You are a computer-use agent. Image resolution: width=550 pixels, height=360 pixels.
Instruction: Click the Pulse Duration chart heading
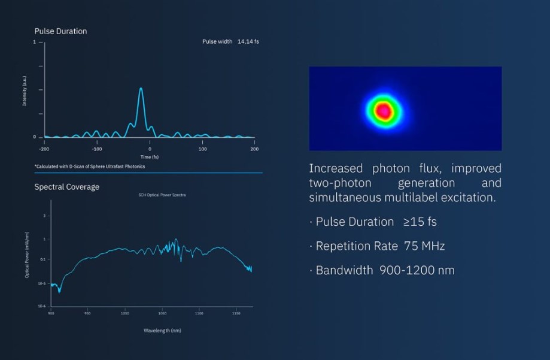[x=60, y=31]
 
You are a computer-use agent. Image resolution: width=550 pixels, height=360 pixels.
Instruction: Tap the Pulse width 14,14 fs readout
[x=231, y=42]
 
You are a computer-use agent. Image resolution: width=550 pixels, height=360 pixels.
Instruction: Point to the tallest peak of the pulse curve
[x=141, y=89]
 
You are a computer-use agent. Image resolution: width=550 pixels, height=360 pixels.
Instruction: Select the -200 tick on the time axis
[x=44, y=149]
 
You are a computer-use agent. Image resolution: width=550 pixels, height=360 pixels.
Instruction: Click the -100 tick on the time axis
[x=96, y=149]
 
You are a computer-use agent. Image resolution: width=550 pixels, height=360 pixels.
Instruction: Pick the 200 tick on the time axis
[x=254, y=149]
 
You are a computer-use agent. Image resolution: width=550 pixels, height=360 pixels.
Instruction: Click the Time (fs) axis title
[x=149, y=157]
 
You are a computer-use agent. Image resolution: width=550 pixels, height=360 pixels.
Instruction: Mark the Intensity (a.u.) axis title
[x=25, y=90]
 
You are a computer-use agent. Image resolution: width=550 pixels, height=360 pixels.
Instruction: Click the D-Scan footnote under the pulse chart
[x=90, y=167]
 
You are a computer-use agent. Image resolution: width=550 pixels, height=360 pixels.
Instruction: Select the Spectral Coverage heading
[x=66, y=187]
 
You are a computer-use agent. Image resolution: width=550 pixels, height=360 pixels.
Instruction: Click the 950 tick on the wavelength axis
[x=87, y=313]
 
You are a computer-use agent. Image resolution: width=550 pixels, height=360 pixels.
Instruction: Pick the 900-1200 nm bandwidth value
[x=417, y=270]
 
